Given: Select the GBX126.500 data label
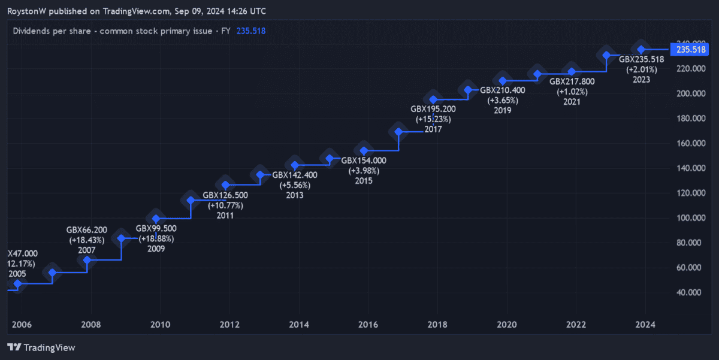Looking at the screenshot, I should click(x=225, y=195).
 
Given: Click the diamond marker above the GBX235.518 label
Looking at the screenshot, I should click(x=641, y=49).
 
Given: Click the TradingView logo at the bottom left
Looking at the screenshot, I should click(x=41, y=347).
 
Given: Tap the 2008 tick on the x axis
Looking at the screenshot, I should click(x=91, y=325).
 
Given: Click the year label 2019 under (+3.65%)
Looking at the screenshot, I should click(x=503, y=110).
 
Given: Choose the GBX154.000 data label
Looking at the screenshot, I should click(x=364, y=161).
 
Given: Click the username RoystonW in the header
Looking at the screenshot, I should click(x=28, y=11).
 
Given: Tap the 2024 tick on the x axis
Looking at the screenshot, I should click(x=645, y=325).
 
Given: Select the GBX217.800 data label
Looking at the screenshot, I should click(x=572, y=81).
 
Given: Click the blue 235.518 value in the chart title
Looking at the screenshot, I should click(x=251, y=31).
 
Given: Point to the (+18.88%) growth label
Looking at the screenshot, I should click(x=156, y=238).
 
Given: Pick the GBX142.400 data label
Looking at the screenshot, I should click(x=295, y=175).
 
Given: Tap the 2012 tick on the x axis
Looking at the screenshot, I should click(x=229, y=325).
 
